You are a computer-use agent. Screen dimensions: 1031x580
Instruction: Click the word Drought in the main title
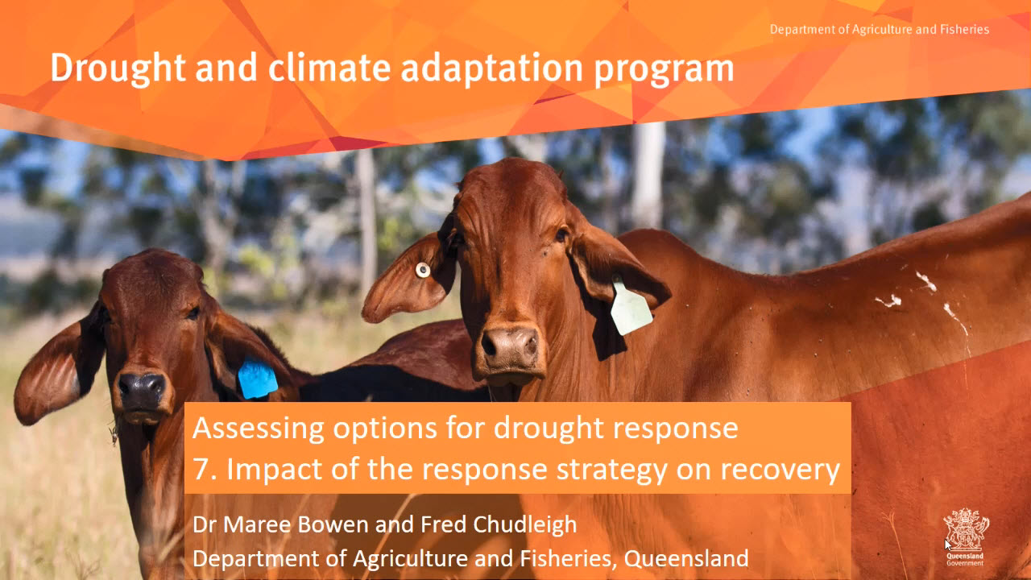118,69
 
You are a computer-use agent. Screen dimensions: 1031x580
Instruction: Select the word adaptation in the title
492,70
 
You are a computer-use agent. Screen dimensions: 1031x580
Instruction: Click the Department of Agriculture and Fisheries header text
880,30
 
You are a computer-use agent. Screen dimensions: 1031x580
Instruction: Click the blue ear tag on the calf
257,379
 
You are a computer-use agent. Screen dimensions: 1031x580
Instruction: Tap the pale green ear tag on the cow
631,307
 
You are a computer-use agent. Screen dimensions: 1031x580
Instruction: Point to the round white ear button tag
423,270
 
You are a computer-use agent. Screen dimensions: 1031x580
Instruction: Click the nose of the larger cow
509,346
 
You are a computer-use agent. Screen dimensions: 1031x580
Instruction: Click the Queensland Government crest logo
965,536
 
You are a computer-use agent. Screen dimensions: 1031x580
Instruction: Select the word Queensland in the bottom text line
685,558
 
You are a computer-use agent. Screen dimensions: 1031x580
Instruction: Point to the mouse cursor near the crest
948,545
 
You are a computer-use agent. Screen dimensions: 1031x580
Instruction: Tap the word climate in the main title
329,69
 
